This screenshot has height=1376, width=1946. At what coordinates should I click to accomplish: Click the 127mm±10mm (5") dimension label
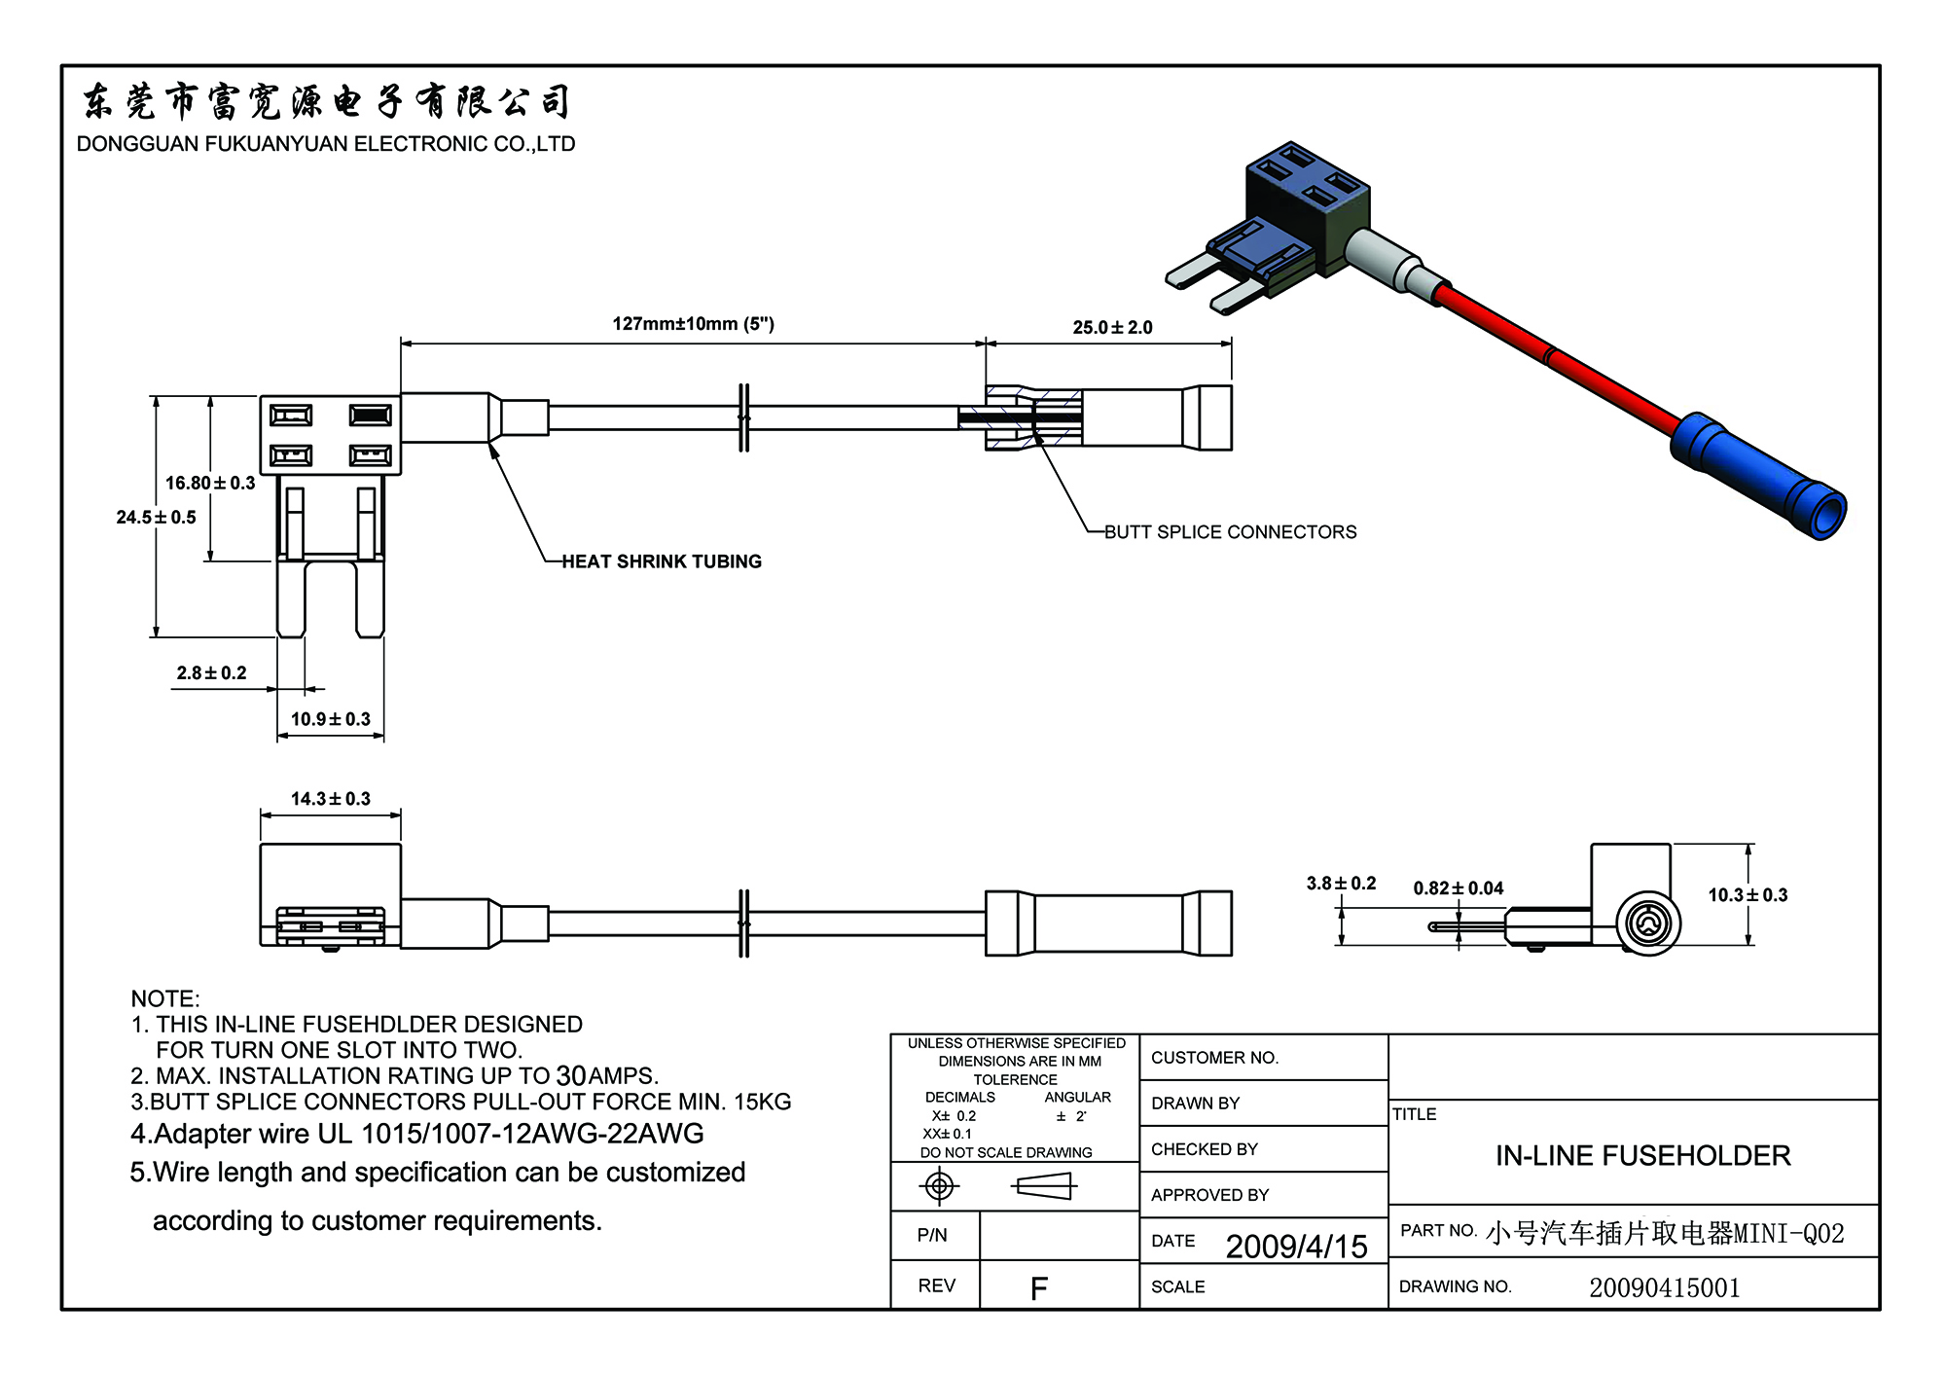point(693,324)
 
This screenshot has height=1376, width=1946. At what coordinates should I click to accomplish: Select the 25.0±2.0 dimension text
point(1112,328)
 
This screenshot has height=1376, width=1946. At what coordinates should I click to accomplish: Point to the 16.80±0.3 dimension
point(210,483)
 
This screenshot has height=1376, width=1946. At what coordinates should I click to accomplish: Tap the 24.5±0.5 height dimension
point(156,517)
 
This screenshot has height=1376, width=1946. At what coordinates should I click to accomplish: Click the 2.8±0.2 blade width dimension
point(211,672)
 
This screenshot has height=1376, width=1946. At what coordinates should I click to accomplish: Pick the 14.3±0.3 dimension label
point(331,799)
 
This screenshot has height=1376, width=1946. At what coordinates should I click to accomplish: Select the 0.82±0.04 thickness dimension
point(1458,887)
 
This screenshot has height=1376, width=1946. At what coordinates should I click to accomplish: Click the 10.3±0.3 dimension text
point(1748,895)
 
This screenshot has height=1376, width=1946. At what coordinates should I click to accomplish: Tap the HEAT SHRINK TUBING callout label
point(662,561)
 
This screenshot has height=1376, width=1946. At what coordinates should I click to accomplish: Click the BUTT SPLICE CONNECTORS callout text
point(1230,532)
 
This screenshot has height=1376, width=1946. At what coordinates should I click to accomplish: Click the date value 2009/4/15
point(1296,1247)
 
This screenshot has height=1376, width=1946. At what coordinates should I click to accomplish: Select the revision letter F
point(1038,1289)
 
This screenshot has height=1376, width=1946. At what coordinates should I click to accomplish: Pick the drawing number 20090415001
point(1664,1287)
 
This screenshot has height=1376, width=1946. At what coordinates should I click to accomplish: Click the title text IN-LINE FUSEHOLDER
point(1642,1155)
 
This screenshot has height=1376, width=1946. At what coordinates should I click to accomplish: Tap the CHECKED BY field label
point(1204,1149)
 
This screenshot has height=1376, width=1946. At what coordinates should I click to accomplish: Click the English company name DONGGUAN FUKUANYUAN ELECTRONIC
point(326,144)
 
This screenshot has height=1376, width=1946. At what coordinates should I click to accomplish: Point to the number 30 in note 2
point(570,1076)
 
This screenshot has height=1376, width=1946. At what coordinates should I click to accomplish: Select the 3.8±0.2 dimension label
point(1341,884)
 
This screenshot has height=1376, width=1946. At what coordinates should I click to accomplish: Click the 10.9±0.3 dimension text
point(331,719)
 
